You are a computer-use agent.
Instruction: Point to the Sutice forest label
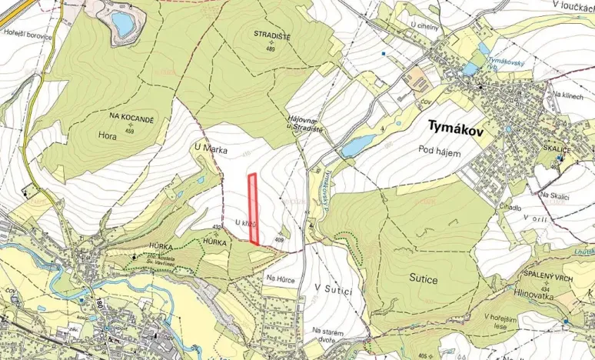pyautogui.click(x=423, y=280)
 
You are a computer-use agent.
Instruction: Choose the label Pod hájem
pyautogui.click(x=440, y=152)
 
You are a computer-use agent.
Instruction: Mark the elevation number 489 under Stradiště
pyautogui.click(x=271, y=49)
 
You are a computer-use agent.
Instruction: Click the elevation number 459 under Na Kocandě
pyautogui.click(x=131, y=130)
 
